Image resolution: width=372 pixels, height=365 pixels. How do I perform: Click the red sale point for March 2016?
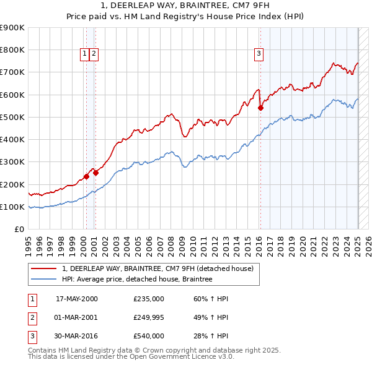click(261, 108)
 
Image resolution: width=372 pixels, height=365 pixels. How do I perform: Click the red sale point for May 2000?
click(87, 176)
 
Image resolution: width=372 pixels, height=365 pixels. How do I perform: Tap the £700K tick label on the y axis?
click(12, 72)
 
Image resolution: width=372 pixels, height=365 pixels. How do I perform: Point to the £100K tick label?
click(12, 207)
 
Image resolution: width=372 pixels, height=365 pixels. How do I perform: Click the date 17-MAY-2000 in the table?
click(77, 299)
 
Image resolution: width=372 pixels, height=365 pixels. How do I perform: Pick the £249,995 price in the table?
click(149, 317)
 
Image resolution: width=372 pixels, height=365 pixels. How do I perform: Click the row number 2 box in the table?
click(32, 317)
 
